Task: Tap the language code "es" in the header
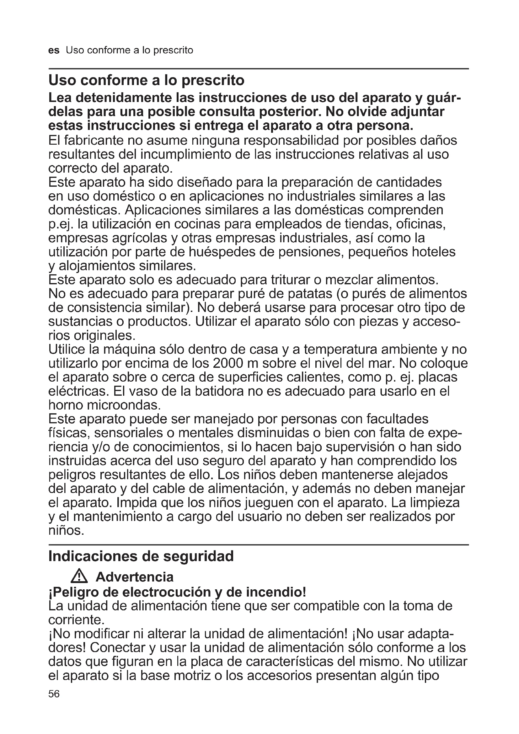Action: [x=54, y=51]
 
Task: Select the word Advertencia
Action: [x=135, y=577]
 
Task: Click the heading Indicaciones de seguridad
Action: [x=141, y=556]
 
